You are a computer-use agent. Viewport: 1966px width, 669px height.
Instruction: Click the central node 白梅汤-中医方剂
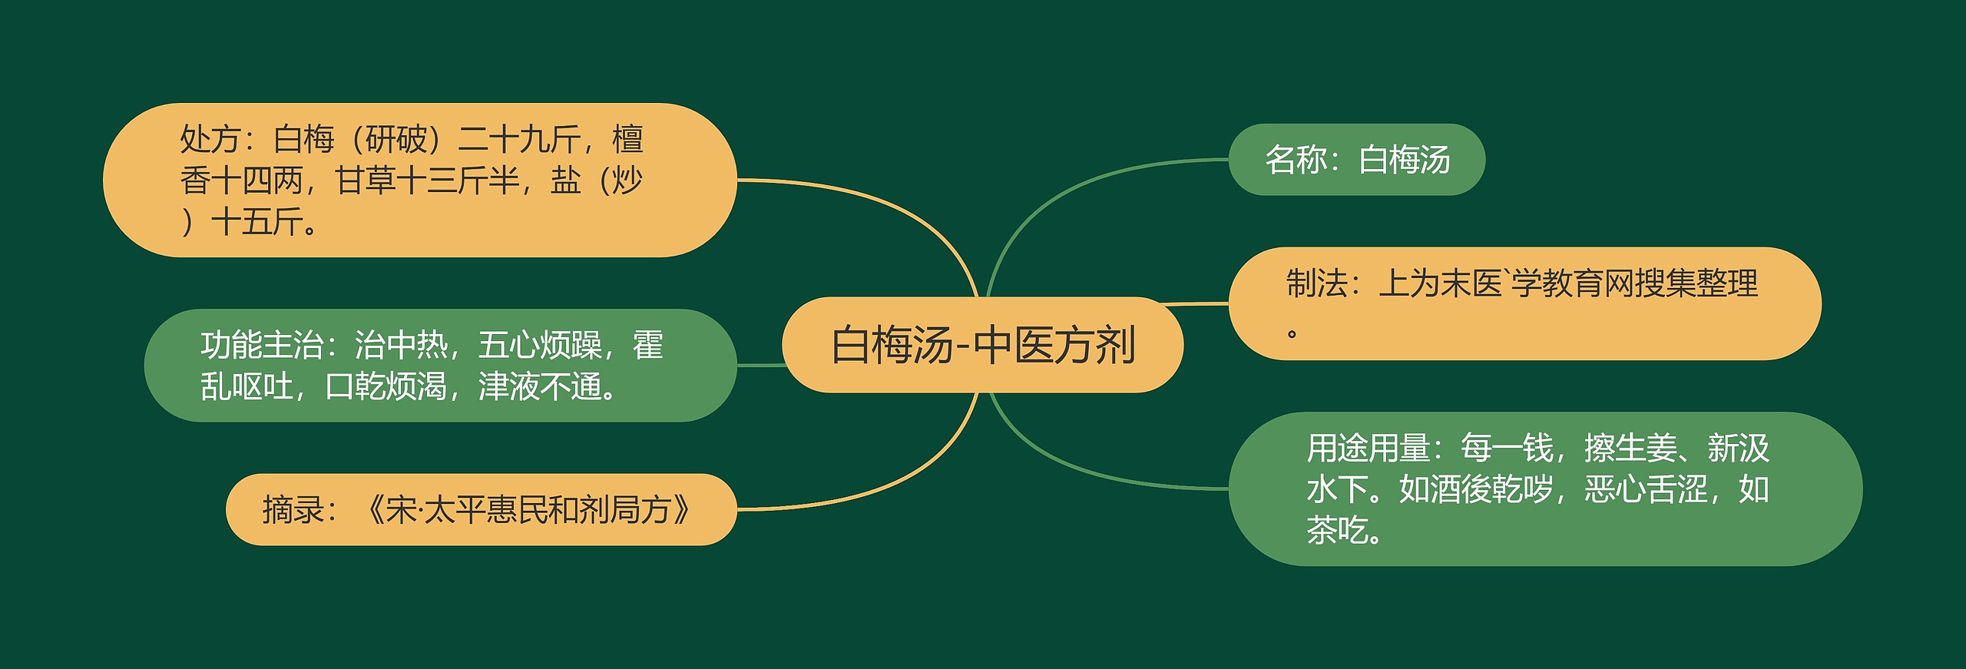[982, 345]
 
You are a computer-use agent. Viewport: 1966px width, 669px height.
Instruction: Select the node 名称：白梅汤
[1356, 160]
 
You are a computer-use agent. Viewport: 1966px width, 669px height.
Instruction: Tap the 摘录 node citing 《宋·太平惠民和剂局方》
[481, 509]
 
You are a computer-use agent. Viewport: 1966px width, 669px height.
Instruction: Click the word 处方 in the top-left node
[210, 139]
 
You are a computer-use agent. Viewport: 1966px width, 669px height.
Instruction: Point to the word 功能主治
[262, 345]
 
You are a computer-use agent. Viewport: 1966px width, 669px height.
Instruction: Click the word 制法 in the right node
[1317, 283]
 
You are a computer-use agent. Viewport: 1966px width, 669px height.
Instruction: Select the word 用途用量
[1368, 448]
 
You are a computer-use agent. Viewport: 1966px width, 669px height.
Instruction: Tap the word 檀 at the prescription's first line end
[627, 139]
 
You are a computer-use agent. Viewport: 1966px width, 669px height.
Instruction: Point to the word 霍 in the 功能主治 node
[647, 345]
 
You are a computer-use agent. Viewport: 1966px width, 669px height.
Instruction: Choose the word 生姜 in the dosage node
[1646, 448]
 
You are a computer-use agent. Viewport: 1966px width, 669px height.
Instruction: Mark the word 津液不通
[540, 386]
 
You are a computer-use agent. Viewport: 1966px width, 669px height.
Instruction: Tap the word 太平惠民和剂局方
[547, 509]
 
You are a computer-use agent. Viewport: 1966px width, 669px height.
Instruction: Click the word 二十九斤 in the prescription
[519, 139]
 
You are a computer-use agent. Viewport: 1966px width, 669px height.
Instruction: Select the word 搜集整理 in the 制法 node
[1696, 283]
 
